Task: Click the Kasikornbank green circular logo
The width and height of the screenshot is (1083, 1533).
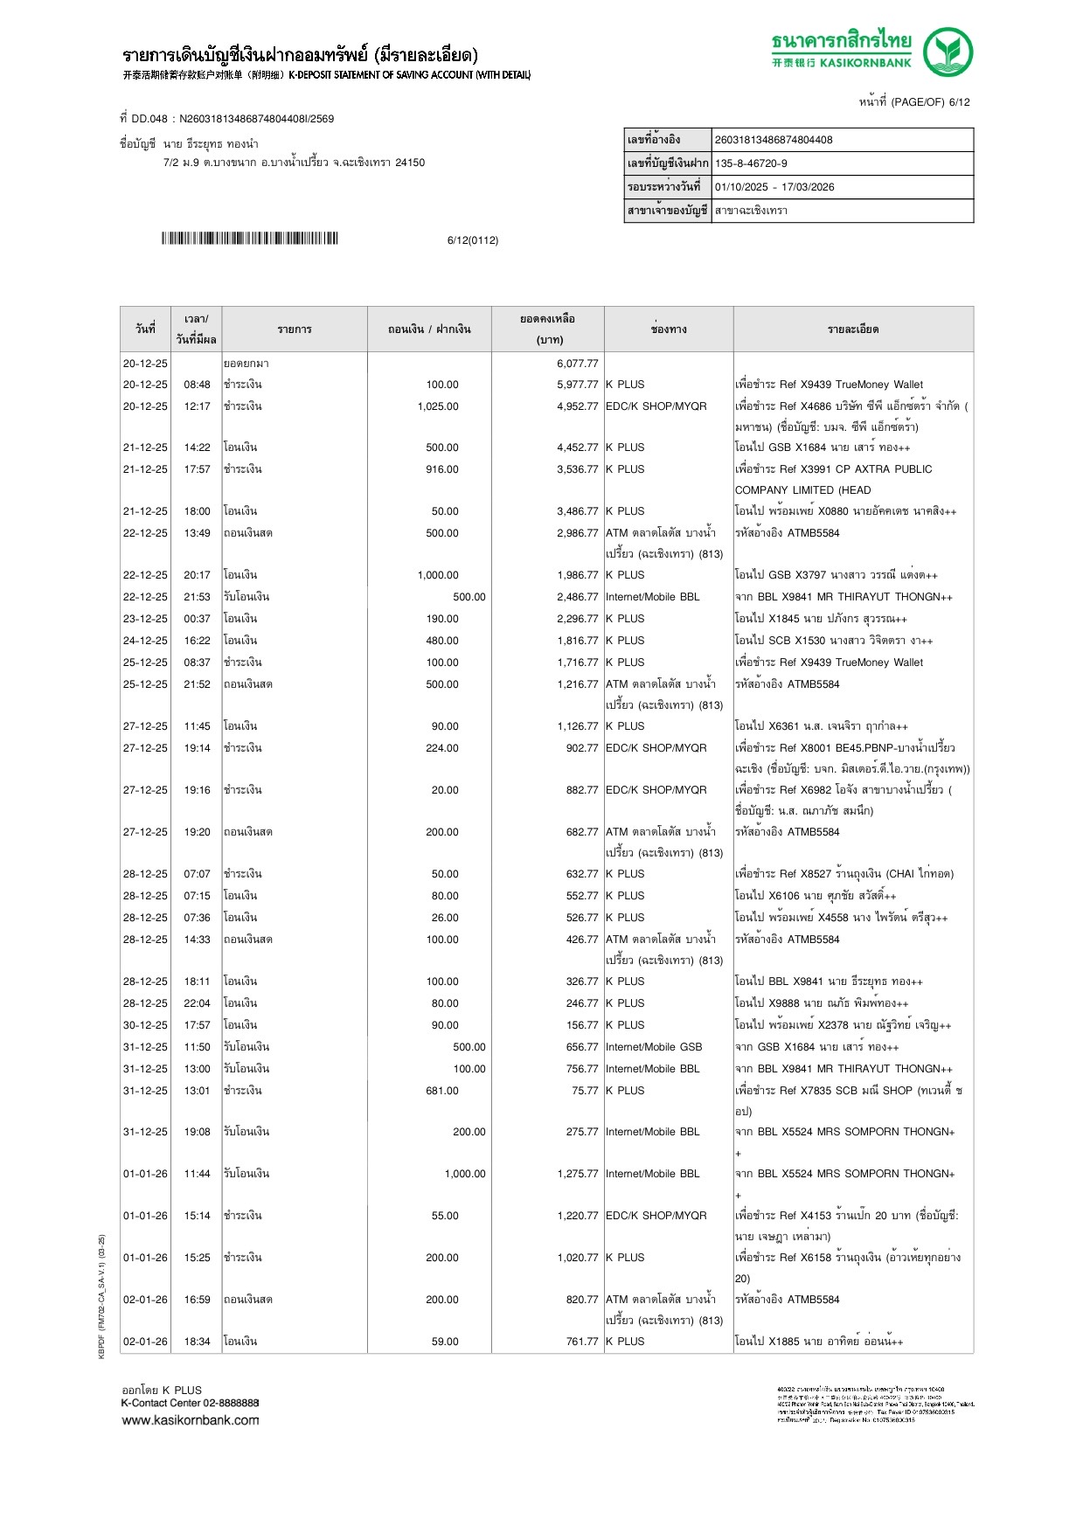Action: click(948, 52)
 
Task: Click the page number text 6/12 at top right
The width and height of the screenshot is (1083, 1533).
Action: click(959, 102)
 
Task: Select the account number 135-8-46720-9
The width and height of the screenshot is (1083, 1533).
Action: click(751, 163)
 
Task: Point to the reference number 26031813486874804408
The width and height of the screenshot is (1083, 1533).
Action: click(773, 140)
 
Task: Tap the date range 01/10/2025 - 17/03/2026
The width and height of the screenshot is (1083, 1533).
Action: click(774, 187)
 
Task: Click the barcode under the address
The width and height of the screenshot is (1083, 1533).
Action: click(249, 239)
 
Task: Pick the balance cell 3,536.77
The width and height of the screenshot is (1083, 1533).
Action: click(577, 469)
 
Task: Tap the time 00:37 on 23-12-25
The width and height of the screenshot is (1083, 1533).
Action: click(197, 619)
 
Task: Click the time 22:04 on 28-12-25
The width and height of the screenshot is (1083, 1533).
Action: click(197, 1003)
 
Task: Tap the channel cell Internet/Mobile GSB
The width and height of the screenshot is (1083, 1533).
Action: click(654, 1047)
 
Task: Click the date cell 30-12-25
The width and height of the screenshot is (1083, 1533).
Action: click(145, 1025)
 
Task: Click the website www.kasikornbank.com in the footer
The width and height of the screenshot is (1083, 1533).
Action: click(191, 1420)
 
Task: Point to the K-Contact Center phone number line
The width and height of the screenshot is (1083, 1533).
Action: click(190, 1403)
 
